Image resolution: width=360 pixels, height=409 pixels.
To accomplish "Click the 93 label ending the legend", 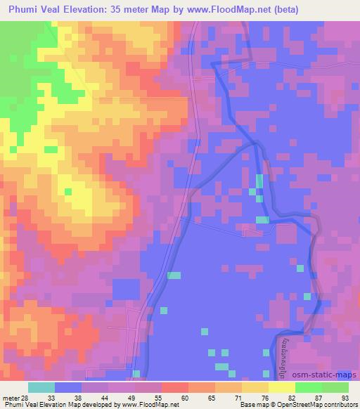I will click(x=345, y=398).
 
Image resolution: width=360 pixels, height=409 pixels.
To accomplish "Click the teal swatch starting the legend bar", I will click(x=41, y=387).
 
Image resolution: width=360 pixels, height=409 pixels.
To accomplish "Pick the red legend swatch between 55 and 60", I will click(x=175, y=387).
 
